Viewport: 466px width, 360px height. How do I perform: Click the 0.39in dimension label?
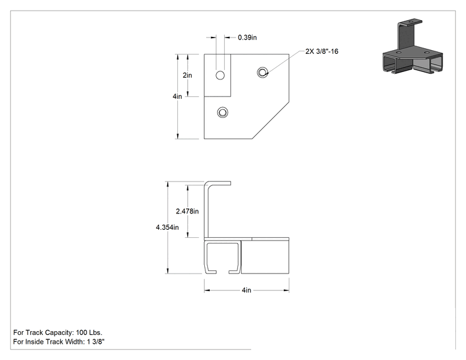tap(247, 38)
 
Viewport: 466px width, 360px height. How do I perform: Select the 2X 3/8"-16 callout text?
tap(322, 51)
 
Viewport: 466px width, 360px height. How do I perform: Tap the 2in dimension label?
tap(187, 75)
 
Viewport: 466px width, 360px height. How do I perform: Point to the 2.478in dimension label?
tap(187, 211)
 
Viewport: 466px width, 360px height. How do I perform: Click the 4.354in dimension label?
tap(167, 227)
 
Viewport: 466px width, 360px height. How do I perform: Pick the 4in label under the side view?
tap(246, 291)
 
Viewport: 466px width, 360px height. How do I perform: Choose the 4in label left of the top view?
tap(177, 96)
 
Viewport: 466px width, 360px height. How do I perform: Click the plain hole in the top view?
tap(220, 76)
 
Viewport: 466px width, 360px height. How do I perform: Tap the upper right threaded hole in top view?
tap(262, 72)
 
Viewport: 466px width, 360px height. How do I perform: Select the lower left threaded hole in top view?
tap(222, 112)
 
